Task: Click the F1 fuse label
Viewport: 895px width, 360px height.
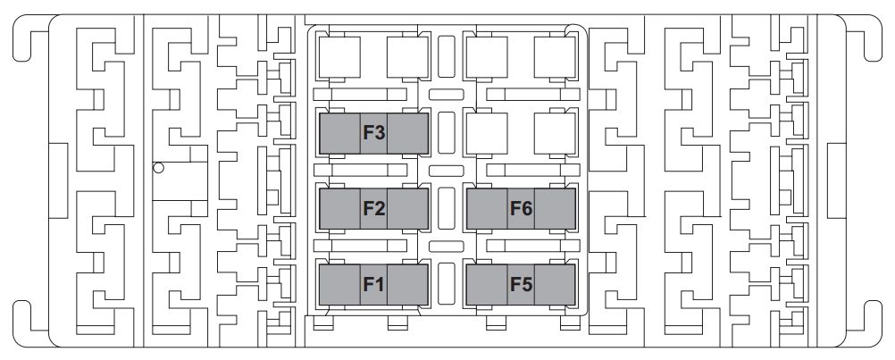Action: point(374,284)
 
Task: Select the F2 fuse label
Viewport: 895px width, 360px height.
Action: point(374,209)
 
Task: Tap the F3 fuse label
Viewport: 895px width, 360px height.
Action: point(374,133)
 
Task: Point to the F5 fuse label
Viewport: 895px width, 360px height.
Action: point(521,284)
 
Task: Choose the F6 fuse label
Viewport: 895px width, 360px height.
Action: point(521,209)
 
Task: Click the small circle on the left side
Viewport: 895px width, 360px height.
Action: point(159,168)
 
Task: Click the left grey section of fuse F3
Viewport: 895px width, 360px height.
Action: point(339,133)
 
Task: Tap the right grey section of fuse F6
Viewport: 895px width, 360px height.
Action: point(555,209)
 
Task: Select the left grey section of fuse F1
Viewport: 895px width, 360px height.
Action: point(339,284)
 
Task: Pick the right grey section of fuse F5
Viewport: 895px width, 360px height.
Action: point(555,284)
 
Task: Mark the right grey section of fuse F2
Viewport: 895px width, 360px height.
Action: point(407,209)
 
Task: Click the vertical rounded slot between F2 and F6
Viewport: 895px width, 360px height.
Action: point(447,208)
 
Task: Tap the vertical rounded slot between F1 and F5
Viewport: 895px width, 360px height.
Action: point(447,283)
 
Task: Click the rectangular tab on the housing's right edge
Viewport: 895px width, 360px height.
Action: point(836,180)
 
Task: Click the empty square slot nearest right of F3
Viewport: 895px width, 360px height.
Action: point(487,133)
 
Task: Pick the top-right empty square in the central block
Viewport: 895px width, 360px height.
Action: point(555,57)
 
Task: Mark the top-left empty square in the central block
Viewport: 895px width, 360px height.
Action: point(339,57)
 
